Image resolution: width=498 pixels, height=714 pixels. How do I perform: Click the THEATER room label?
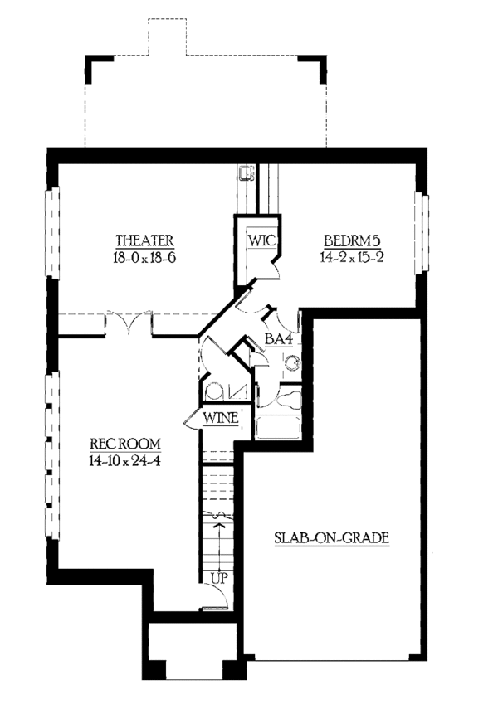(144, 240)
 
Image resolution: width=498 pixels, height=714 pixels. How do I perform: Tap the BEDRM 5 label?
(352, 240)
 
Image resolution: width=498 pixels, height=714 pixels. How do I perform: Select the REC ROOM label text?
(125, 444)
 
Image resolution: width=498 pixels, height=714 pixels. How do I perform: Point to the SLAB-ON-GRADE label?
(332, 537)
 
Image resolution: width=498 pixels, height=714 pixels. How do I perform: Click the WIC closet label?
(262, 240)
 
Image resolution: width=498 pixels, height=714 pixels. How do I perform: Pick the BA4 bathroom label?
(278, 339)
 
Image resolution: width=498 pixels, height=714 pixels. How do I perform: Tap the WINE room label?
(221, 418)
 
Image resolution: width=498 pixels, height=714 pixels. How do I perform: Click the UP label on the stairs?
(219, 579)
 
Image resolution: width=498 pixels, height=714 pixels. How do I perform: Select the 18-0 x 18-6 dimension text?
(144, 258)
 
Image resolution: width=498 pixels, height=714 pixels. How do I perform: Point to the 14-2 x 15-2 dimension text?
(352, 257)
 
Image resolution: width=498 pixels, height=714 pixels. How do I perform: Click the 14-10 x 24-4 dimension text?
(124, 461)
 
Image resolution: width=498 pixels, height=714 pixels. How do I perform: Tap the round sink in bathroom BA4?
(292, 363)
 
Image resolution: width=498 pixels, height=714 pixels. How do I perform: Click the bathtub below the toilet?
(277, 427)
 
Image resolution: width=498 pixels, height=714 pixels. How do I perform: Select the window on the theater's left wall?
(52, 232)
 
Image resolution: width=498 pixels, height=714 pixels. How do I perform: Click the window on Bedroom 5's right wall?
(422, 233)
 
